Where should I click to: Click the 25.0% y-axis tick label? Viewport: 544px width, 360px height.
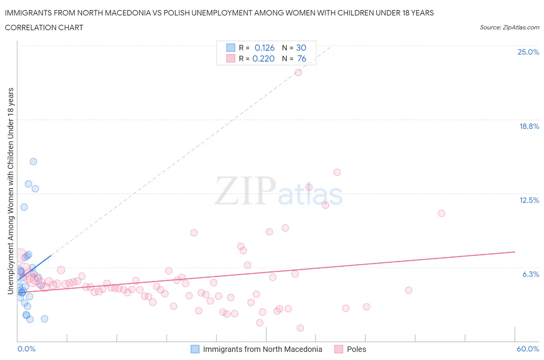click(528, 52)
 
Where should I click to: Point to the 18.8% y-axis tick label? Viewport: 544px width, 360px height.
click(529, 126)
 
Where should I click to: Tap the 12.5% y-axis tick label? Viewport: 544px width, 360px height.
click(529, 200)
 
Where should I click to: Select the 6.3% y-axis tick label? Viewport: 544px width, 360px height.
click(530, 274)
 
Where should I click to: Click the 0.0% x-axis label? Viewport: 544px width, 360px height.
click(26, 349)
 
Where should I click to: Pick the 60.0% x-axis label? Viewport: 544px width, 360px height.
click(528, 349)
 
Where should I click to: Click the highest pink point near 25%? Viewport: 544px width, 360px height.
click(298, 72)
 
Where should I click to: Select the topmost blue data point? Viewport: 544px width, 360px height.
click(33, 162)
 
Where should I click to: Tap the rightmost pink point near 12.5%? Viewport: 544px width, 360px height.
click(441, 213)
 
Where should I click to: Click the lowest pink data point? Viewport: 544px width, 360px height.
click(300, 328)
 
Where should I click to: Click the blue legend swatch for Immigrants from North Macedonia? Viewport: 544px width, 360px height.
click(195, 349)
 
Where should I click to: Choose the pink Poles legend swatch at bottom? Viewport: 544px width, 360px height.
click(339, 349)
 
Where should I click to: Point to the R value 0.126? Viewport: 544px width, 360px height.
click(264, 48)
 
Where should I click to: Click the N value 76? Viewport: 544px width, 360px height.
click(301, 58)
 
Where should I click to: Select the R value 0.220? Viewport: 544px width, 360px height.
click(263, 58)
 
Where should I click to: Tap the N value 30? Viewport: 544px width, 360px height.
click(301, 48)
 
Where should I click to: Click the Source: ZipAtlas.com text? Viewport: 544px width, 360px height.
click(509, 27)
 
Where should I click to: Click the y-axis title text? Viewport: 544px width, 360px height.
click(10, 191)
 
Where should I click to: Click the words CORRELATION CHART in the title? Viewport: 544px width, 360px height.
click(44, 27)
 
